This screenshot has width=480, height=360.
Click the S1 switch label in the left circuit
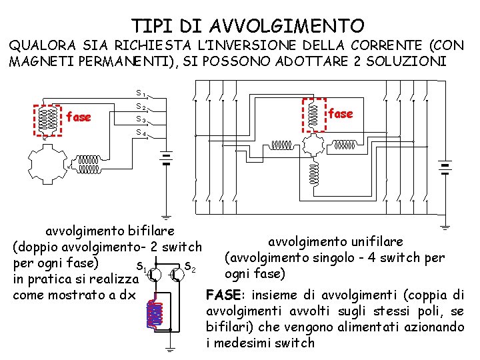tap(141, 93)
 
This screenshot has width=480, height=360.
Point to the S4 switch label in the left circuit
tap(141, 133)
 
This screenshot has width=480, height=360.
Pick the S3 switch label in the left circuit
tap(141, 120)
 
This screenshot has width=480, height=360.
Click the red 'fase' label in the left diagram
tap(79, 117)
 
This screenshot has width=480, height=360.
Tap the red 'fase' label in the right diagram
tap(341, 113)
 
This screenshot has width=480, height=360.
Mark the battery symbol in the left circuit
tap(165, 159)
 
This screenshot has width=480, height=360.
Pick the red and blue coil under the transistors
tap(156, 313)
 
